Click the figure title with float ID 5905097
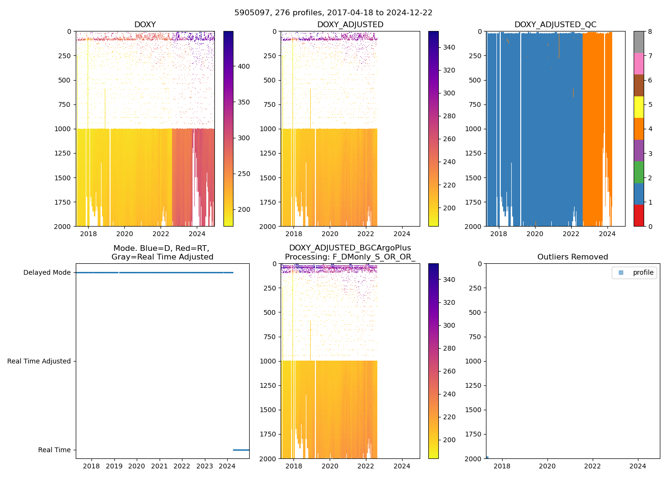coord(333,13)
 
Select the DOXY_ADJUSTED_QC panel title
coord(555,25)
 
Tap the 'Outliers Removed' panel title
coord(573,257)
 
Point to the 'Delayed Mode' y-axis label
coord(47,273)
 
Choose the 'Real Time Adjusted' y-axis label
coord(39,362)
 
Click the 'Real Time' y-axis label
coord(54,450)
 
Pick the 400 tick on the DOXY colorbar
coord(243,66)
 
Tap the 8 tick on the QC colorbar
coord(650,31)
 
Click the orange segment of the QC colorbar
coord(638,129)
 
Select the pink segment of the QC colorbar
coord(638,63)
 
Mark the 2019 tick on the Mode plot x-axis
coord(114,466)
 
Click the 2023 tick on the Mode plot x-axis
coord(205,466)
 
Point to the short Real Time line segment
coord(241,450)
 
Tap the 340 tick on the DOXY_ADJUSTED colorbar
coord(449,47)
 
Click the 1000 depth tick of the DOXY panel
coord(63,129)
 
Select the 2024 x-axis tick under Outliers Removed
coord(638,466)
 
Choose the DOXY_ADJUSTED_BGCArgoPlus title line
coord(350,248)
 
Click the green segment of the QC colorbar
coord(638,172)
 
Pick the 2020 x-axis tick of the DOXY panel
coord(125,234)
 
